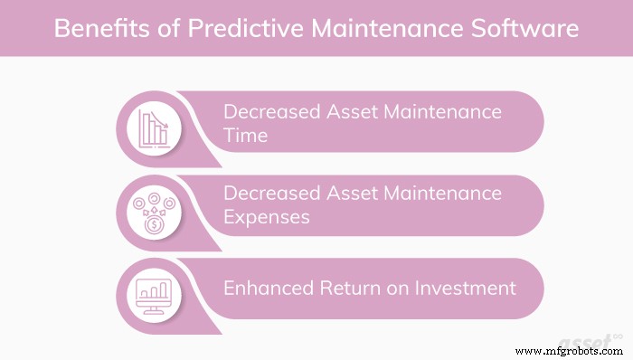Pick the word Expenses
267,218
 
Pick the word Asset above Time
350,112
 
